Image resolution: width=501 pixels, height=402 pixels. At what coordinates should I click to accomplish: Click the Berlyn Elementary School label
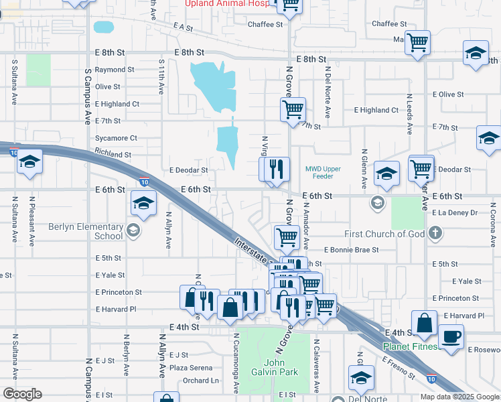[85, 231]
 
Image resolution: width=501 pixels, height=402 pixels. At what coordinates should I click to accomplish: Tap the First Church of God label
[384, 234]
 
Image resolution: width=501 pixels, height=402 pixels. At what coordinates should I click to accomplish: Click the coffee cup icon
[450, 336]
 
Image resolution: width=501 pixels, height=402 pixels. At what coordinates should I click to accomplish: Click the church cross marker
[435, 233]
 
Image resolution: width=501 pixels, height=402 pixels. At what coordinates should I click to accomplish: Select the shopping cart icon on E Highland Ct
[292, 109]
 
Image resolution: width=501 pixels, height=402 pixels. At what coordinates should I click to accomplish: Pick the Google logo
[21, 394]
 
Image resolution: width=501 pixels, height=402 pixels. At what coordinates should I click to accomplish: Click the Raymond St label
[114, 70]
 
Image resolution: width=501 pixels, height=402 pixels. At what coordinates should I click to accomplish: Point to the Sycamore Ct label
[116, 138]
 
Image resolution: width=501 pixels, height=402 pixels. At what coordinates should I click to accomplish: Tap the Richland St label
[113, 154]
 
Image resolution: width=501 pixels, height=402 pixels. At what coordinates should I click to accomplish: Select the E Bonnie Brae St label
[351, 250]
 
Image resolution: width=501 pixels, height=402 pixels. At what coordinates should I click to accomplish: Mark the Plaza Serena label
[191, 368]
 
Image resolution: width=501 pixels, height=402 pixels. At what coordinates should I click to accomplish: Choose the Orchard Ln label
[200, 381]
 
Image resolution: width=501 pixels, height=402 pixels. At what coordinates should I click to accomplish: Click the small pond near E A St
[104, 27]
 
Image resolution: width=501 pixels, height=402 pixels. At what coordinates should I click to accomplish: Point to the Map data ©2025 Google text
[459, 397]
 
